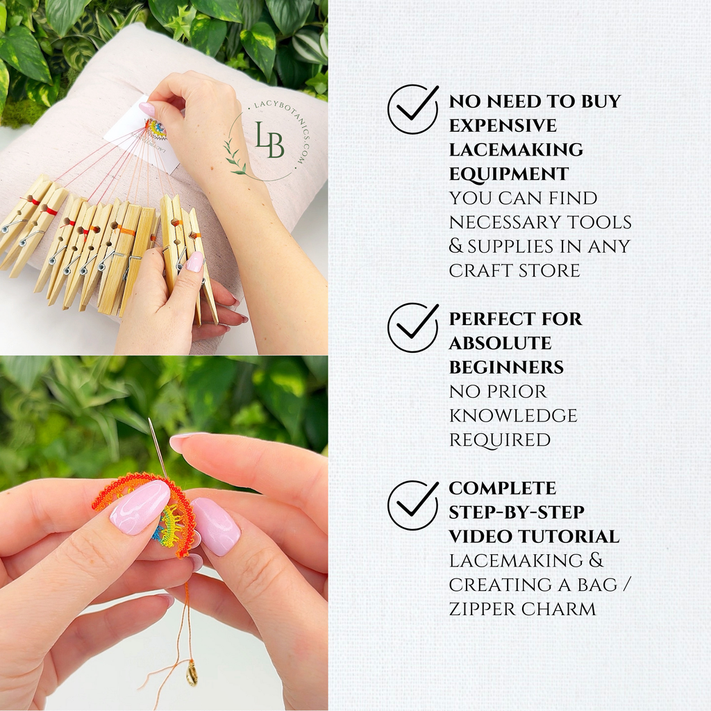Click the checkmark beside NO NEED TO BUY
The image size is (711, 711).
pyautogui.click(x=412, y=109)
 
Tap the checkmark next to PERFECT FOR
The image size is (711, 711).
pyautogui.click(x=412, y=327)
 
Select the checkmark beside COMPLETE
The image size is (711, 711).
pyautogui.click(x=412, y=505)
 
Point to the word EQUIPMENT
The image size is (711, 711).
pyautogui.click(x=509, y=174)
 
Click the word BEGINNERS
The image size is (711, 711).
pyautogui.click(x=506, y=367)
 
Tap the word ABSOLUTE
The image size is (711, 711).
pyautogui.click(x=500, y=343)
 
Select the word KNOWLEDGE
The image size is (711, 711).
pyautogui.click(x=513, y=415)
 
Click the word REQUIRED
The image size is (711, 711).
pyautogui.click(x=499, y=440)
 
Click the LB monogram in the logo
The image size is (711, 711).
pyautogui.click(x=269, y=140)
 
